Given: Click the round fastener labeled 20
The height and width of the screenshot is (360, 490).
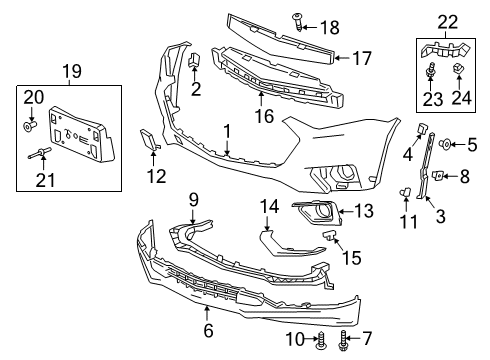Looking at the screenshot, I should click(31, 126).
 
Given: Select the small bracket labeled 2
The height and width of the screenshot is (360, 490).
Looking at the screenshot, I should click(195, 63).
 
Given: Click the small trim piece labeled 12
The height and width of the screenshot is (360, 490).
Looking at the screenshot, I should click(147, 144).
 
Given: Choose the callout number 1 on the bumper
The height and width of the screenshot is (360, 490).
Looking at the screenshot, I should click(228, 130).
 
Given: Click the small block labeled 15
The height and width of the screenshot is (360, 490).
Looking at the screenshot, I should click(329, 236).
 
